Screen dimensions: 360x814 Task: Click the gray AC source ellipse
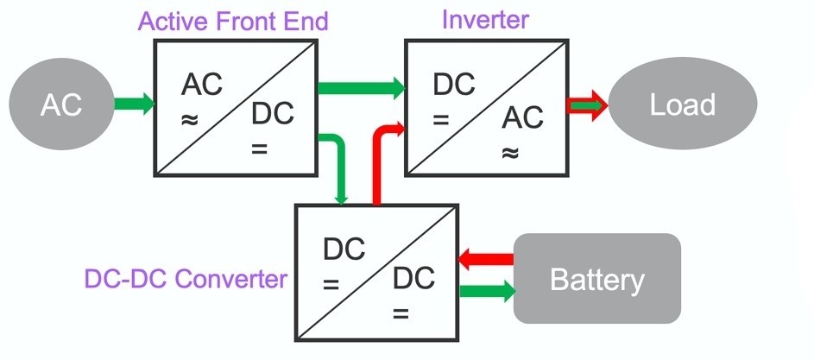click(61, 104)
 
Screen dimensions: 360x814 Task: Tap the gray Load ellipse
click(682, 105)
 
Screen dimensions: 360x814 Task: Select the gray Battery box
click(596, 279)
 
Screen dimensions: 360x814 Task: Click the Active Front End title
click(235, 20)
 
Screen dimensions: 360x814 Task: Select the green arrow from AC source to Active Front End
click(135, 104)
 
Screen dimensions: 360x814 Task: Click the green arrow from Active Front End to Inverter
click(361, 86)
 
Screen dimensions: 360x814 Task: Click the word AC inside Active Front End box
click(201, 85)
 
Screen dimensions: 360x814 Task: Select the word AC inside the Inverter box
click(522, 116)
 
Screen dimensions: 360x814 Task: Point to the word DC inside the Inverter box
click(453, 85)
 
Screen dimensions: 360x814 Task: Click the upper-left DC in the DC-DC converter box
click(344, 249)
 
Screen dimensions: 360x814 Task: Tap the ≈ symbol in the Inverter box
click(510, 153)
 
